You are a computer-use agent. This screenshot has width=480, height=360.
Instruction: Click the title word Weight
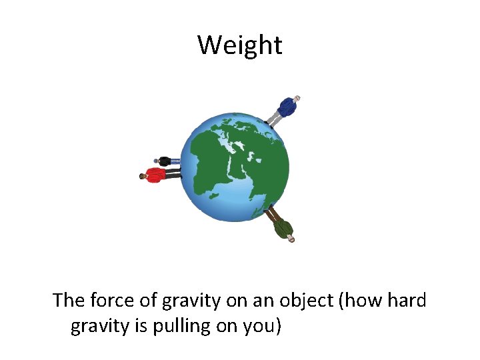239,45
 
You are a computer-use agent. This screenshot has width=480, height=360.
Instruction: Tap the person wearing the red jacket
157,175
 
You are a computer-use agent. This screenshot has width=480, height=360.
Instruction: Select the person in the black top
165,161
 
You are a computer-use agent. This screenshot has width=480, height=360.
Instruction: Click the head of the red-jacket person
143,177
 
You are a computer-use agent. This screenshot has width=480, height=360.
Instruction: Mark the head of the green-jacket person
291,238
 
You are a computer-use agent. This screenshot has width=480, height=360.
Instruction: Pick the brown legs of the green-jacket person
271,215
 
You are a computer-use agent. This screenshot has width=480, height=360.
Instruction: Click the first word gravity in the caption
187,301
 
